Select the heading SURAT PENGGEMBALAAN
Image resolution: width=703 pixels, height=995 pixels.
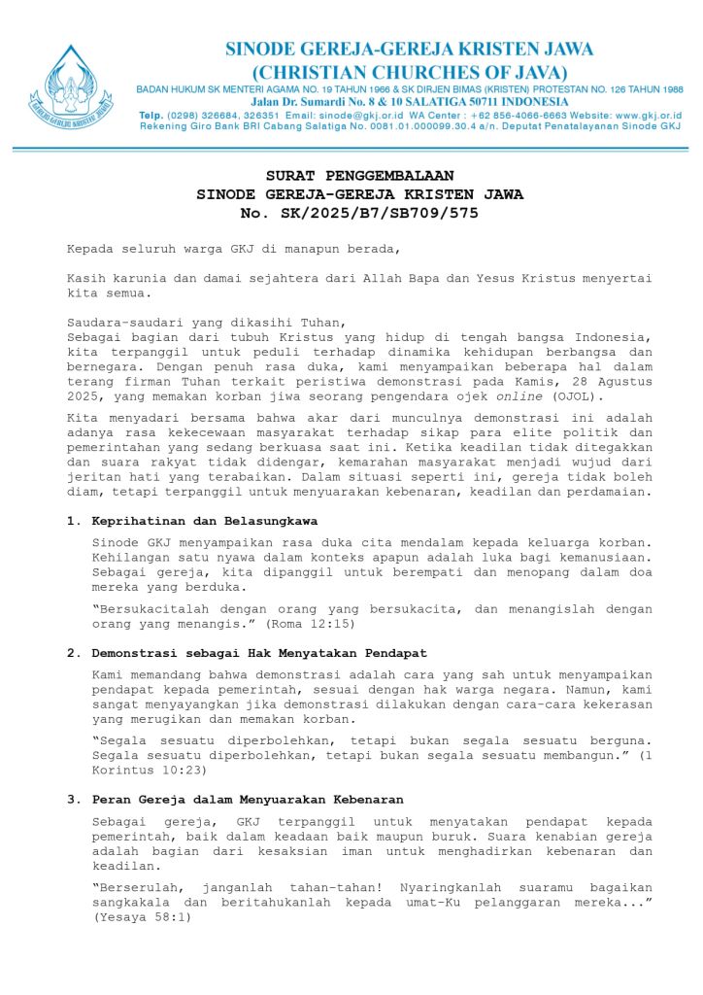coord(359,176)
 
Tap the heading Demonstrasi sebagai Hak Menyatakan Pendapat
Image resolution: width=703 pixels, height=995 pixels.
coord(259,652)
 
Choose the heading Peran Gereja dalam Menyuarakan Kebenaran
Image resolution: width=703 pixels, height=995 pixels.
coord(248,799)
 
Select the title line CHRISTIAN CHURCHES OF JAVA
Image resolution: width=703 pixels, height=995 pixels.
coord(409,72)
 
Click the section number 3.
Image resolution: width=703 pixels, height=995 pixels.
coord(72,799)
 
